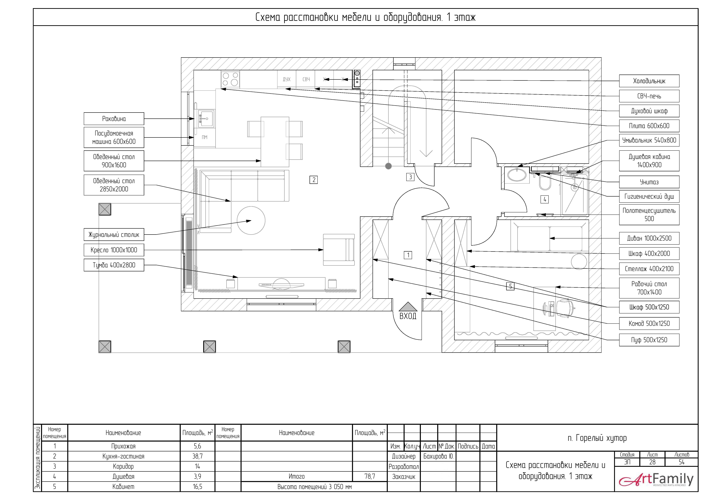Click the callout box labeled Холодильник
(x=649, y=81)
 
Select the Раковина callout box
(x=114, y=119)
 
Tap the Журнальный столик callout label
(x=114, y=235)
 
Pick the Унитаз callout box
(x=649, y=182)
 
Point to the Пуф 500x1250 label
(x=649, y=340)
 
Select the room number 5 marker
(x=510, y=286)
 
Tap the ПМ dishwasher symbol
(x=205, y=137)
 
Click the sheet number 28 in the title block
(x=652, y=462)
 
